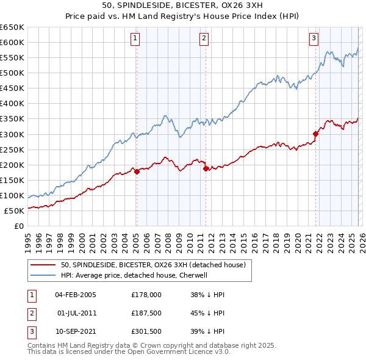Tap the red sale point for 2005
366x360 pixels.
tap(137, 171)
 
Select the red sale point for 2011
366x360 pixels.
tap(206, 168)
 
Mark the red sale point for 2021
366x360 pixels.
tap(316, 134)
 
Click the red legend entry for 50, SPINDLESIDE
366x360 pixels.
tap(152, 265)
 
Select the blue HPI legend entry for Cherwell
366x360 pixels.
tap(134, 275)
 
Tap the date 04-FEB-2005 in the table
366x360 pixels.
tap(76, 295)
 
